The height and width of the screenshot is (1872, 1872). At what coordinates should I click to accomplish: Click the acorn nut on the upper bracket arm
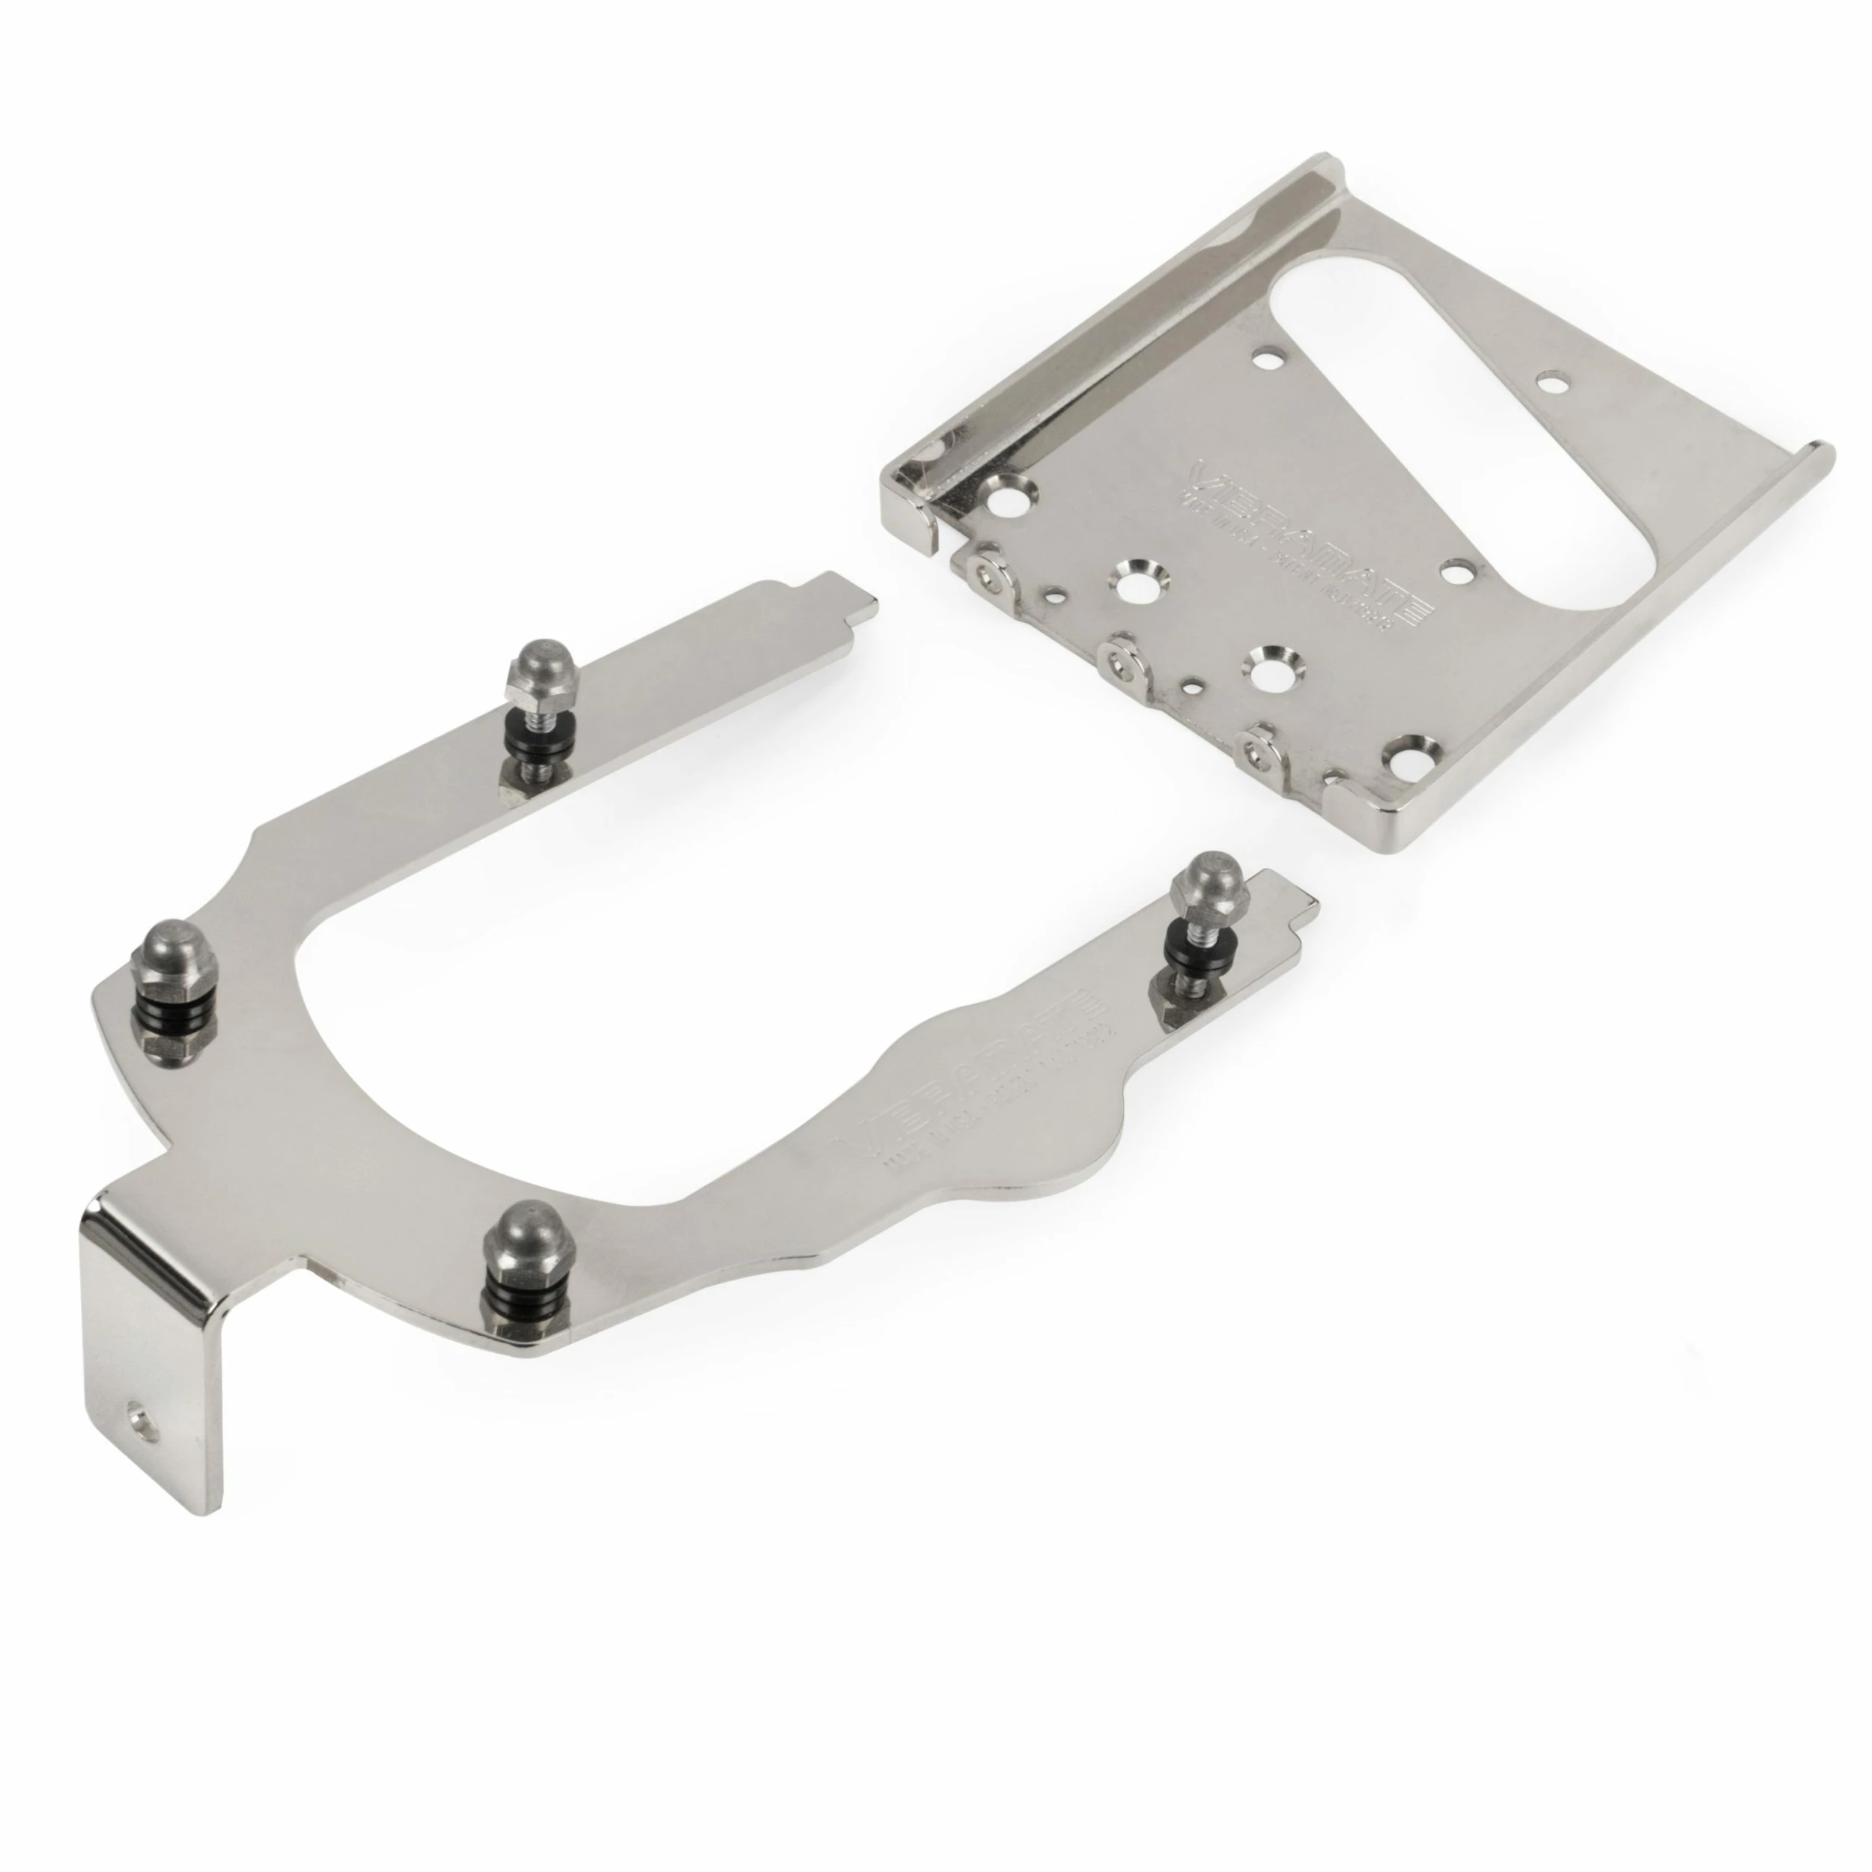click(x=529, y=668)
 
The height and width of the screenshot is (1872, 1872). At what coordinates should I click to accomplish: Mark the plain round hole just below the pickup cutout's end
click(x=1456, y=571)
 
